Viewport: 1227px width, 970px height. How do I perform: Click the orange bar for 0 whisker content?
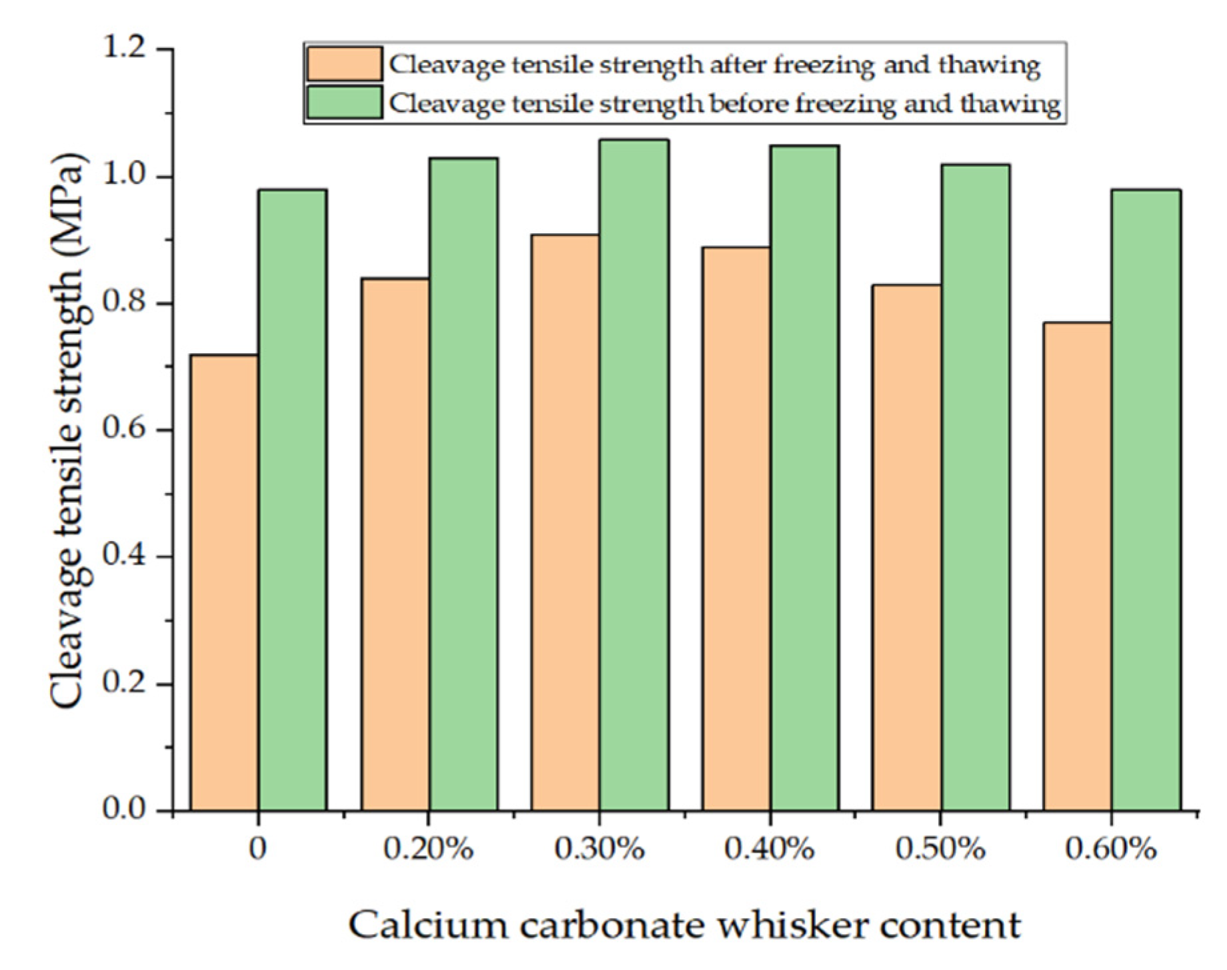pyautogui.click(x=225, y=582)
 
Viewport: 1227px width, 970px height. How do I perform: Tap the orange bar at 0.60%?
pyautogui.click(x=1077, y=566)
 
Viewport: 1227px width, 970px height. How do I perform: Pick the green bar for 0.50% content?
pyautogui.click(x=975, y=487)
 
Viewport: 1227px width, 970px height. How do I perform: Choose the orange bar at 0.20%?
pyautogui.click(x=395, y=544)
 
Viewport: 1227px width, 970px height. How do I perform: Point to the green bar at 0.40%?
pyautogui.click(x=804, y=478)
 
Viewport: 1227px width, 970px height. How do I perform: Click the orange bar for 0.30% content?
pyautogui.click(x=565, y=522)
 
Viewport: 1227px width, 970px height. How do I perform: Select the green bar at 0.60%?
pyautogui.click(x=1146, y=500)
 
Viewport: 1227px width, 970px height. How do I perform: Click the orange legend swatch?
pyautogui.click(x=344, y=64)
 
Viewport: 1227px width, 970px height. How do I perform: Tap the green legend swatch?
pyautogui.click(x=344, y=103)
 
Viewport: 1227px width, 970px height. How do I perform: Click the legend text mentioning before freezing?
pyautogui.click(x=724, y=104)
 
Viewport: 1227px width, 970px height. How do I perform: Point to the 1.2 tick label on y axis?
pyautogui.click(x=127, y=49)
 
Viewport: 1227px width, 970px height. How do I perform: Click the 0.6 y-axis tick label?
pyautogui.click(x=127, y=430)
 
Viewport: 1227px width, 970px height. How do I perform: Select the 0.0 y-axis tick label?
pyautogui.click(x=127, y=809)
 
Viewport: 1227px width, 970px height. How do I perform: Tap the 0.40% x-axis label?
pyautogui.click(x=770, y=849)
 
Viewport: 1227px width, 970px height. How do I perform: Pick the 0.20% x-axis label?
pyautogui.click(x=429, y=849)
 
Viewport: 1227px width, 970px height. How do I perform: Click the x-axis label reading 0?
pyautogui.click(x=257, y=849)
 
